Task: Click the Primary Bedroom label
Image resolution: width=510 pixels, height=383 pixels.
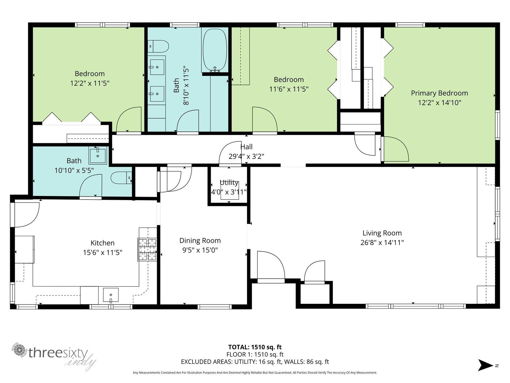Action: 439,93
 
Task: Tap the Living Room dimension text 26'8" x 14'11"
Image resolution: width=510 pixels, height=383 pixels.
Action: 382,243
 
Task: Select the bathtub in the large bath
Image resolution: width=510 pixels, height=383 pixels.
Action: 215,50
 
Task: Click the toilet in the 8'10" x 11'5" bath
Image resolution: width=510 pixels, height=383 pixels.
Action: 158,46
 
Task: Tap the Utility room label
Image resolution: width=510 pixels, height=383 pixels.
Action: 229,183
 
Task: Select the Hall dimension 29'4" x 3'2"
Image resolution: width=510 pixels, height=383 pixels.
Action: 246,156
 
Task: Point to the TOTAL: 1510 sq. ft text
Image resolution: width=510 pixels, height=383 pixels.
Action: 255,347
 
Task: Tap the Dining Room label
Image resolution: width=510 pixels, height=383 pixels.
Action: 200,241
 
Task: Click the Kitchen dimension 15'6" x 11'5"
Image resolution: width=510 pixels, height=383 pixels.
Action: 102,252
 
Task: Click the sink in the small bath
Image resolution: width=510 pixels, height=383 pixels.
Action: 98,155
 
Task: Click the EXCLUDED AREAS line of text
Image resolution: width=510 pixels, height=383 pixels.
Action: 255,362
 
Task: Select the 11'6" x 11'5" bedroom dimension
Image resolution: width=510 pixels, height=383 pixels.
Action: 288,89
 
